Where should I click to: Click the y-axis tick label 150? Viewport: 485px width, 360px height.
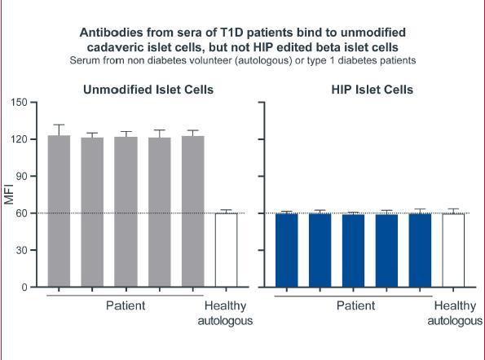point(20,103)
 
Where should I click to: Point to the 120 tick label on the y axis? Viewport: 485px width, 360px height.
point(20,139)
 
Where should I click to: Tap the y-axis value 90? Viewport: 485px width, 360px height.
point(22,176)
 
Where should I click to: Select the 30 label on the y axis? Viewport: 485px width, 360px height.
point(22,250)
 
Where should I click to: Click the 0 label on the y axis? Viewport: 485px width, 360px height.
point(24,287)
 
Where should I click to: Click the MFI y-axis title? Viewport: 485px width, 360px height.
point(9,195)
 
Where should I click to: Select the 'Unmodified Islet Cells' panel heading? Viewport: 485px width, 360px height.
point(148,90)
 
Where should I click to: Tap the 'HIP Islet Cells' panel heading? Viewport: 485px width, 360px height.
point(372,90)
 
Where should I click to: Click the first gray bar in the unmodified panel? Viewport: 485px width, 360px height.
point(59,212)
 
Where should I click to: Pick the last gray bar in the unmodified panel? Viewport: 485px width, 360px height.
point(192,212)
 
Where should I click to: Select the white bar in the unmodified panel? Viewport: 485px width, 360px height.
point(226,250)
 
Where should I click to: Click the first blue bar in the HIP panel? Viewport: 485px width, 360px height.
point(286,250)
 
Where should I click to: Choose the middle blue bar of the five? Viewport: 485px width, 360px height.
point(353,251)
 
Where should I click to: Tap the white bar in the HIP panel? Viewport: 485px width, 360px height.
point(453,250)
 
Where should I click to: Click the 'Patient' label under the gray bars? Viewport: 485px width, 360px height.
point(126,305)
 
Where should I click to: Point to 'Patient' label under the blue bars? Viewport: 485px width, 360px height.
point(355,305)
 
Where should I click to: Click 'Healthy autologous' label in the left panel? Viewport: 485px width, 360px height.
point(225,313)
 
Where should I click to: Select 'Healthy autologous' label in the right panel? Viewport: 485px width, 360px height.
point(455,313)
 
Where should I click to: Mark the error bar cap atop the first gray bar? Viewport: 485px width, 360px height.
point(59,125)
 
